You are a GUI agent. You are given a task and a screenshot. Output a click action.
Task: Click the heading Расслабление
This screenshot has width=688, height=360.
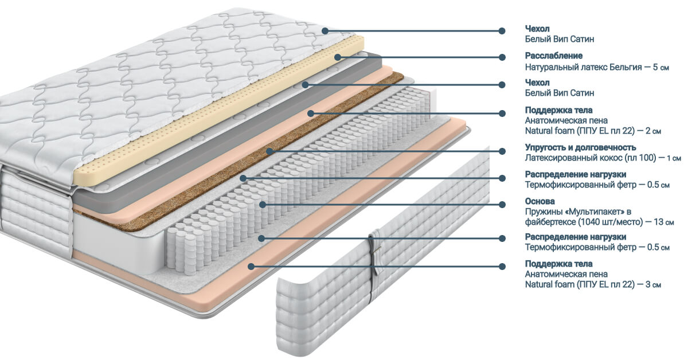tap(554, 56)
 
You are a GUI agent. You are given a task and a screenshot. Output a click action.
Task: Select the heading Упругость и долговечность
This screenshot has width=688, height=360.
tap(580, 147)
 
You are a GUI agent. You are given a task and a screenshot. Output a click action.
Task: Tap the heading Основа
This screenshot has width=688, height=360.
tap(540, 201)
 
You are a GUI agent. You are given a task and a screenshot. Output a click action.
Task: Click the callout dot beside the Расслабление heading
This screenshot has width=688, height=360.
tap(502, 57)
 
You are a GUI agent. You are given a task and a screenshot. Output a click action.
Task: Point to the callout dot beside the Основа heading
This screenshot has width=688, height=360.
tap(502, 204)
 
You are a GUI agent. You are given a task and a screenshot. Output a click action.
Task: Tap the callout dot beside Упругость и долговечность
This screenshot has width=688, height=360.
tap(502, 151)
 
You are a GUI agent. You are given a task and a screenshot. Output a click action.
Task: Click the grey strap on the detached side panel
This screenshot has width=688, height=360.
tap(376, 264)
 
